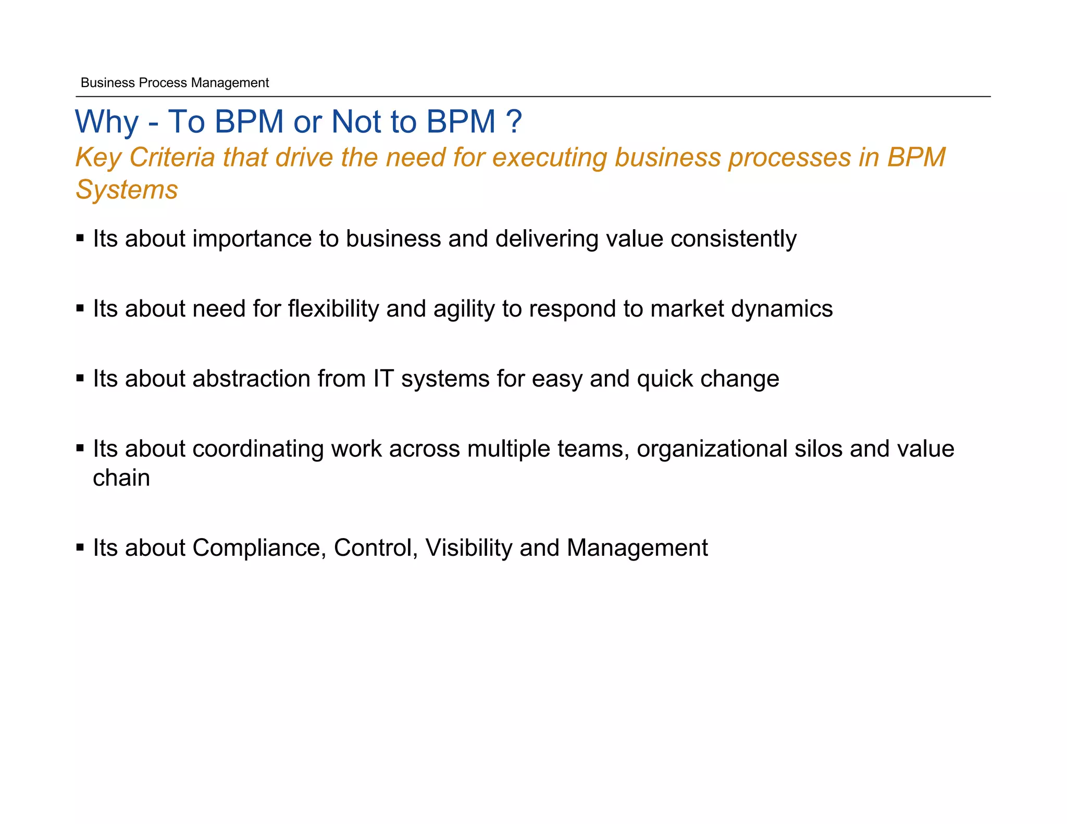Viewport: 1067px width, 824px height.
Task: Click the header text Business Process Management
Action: click(x=175, y=83)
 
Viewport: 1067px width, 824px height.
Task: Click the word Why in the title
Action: click(x=107, y=122)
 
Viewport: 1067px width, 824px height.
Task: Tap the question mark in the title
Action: click(x=514, y=122)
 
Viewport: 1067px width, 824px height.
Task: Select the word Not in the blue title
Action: click(x=356, y=122)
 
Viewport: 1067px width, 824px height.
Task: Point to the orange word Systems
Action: click(x=127, y=190)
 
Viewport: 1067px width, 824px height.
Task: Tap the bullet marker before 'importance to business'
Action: click(x=80, y=239)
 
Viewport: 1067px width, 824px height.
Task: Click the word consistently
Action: click(x=734, y=239)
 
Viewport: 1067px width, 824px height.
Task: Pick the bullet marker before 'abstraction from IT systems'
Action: click(x=80, y=379)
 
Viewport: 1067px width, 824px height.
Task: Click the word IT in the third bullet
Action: click(x=383, y=379)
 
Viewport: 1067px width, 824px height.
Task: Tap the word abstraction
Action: click(x=251, y=379)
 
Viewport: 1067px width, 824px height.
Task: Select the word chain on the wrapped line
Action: click(x=121, y=478)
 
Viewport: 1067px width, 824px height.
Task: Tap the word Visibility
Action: click(x=469, y=548)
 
